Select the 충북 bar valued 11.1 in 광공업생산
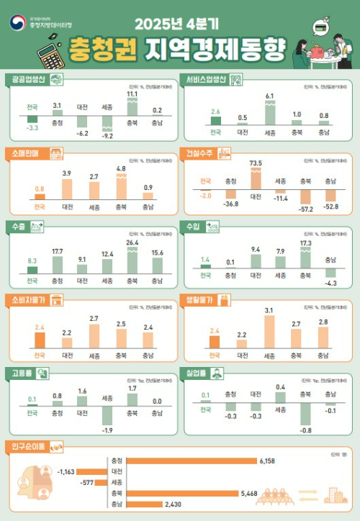[x=132, y=107]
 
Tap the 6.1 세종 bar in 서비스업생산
[x=269, y=112]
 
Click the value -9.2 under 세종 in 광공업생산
[x=107, y=136]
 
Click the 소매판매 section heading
[x=26, y=153]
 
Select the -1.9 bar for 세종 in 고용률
[x=107, y=415]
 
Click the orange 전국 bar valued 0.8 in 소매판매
[x=40, y=196]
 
